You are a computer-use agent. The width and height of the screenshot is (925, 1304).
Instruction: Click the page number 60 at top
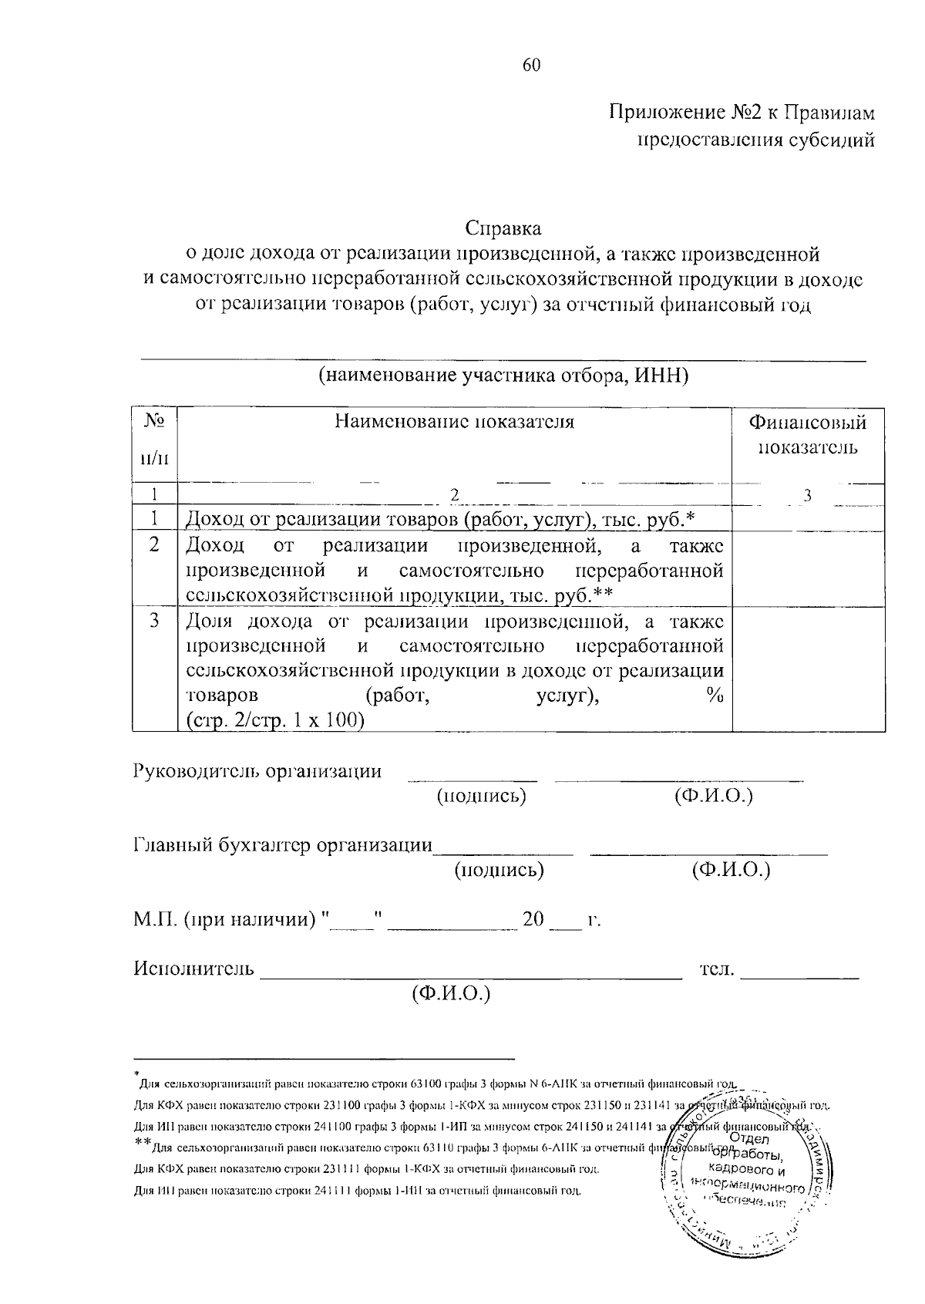click(532, 66)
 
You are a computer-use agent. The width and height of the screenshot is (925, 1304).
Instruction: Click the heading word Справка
click(503, 229)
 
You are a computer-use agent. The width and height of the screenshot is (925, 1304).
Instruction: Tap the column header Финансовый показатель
click(808, 435)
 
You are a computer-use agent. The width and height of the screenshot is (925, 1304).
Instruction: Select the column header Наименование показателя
click(454, 422)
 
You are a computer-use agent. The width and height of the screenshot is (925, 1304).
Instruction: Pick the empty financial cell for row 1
click(808, 519)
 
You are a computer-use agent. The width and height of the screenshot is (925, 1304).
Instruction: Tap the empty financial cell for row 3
click(808, 669)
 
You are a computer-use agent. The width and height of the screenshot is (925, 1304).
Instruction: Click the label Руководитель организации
click(257, 772)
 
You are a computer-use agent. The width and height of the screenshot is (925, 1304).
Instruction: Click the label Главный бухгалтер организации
click(282, 845)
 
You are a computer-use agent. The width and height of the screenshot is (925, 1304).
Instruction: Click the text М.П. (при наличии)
click(226, 920)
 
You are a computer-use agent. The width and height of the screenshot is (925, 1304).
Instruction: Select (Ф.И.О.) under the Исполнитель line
click(451, 993)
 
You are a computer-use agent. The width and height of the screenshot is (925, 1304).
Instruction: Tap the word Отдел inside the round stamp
click(744, 1141)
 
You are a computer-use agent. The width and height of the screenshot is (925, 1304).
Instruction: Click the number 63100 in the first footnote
click(426, 1084)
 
